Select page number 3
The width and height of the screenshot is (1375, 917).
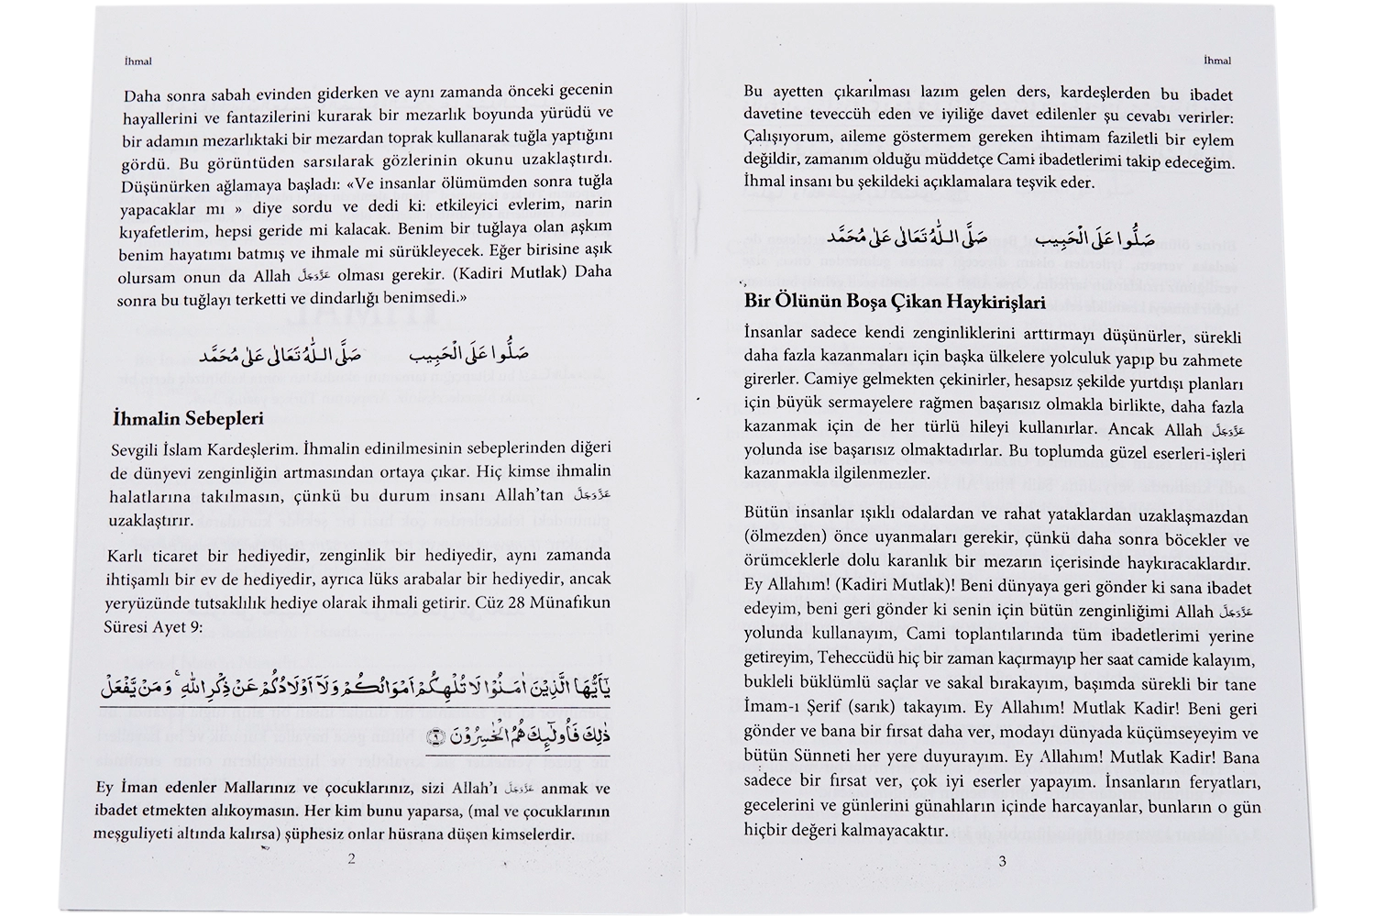[1002, 861]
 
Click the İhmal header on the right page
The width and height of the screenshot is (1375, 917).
[1216, 61]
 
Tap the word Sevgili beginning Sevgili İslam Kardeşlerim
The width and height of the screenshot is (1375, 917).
[135, 448]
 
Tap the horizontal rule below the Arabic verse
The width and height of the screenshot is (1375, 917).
[357, 757]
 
